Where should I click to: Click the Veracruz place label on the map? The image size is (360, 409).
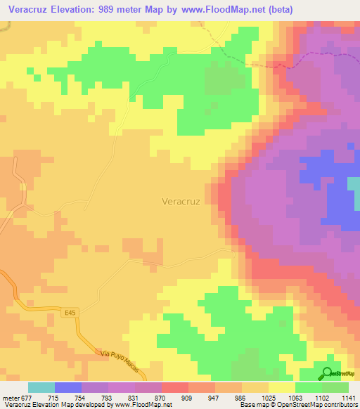point(181,201)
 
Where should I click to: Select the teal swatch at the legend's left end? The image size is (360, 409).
point(41,387)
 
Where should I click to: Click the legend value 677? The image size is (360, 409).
point(27,397)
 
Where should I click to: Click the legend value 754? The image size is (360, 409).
point(81,397)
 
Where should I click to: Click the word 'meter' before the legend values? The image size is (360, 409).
point(10,397)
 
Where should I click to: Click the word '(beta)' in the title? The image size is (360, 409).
point(277,9)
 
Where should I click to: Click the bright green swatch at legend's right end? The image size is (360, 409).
point(335,387)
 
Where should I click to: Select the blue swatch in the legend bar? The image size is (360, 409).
point(67,387)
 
